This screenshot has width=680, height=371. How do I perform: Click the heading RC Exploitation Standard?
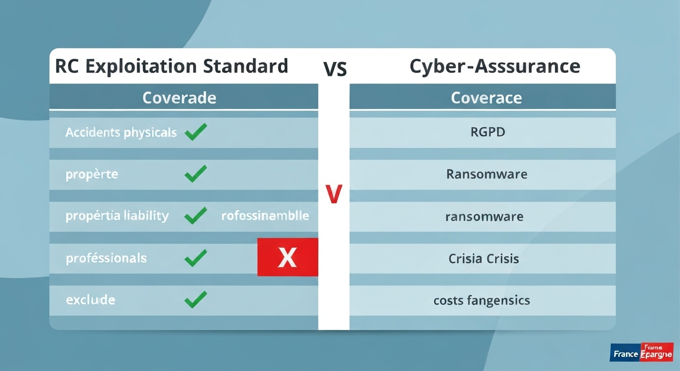click(x=171, y=66)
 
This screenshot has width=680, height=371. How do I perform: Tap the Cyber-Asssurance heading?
click(x=495, y=66)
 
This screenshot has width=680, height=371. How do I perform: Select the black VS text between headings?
click(x=335, y=69)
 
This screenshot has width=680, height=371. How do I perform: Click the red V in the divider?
click(x=334, y=194)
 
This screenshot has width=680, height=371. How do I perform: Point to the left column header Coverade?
click(x=179, y=98)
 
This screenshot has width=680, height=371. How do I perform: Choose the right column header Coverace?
click(x=486, y=98)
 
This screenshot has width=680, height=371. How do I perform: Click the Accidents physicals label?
click(x=121, y=132)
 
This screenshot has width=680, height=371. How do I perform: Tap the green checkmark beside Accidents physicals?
click(x=196, y=132)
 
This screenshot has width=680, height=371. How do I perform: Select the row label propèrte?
click(x=92, y=174)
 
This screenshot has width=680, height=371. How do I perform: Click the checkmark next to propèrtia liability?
click(x=196, y=215)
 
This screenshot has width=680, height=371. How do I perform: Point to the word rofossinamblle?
click(x=265, y=215)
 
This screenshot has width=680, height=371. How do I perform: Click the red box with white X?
click(x=287, y=257)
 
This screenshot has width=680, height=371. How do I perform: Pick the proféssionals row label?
click(x=106, y=258)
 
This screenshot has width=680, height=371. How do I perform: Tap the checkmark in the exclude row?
click(x=196, y=300)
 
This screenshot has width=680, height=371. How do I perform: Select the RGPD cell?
click(x=488, y=132)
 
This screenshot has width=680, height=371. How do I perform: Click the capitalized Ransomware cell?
click(x=487, y=174)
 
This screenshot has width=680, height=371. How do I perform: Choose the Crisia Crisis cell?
click(x=483, y=258)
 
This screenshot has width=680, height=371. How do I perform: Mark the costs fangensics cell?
click(x=482, y=300)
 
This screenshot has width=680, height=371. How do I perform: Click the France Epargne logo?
click(x=641, y=353)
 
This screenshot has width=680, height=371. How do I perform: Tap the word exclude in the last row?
click(x=90, y=300)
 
